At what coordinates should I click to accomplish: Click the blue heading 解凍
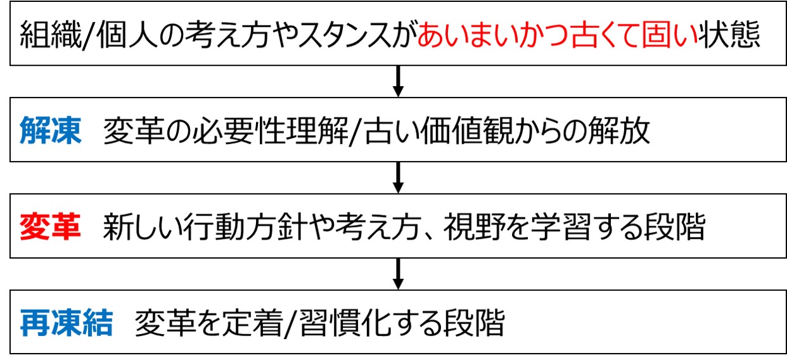[x=50, y=132]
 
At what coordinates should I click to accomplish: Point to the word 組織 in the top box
[x=49, y=36]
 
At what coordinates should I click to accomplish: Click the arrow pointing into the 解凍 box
[x=398, y=80]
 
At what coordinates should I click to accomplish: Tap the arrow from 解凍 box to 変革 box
[x=398, y=177]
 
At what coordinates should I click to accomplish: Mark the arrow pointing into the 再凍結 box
[x=398, y=273]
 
